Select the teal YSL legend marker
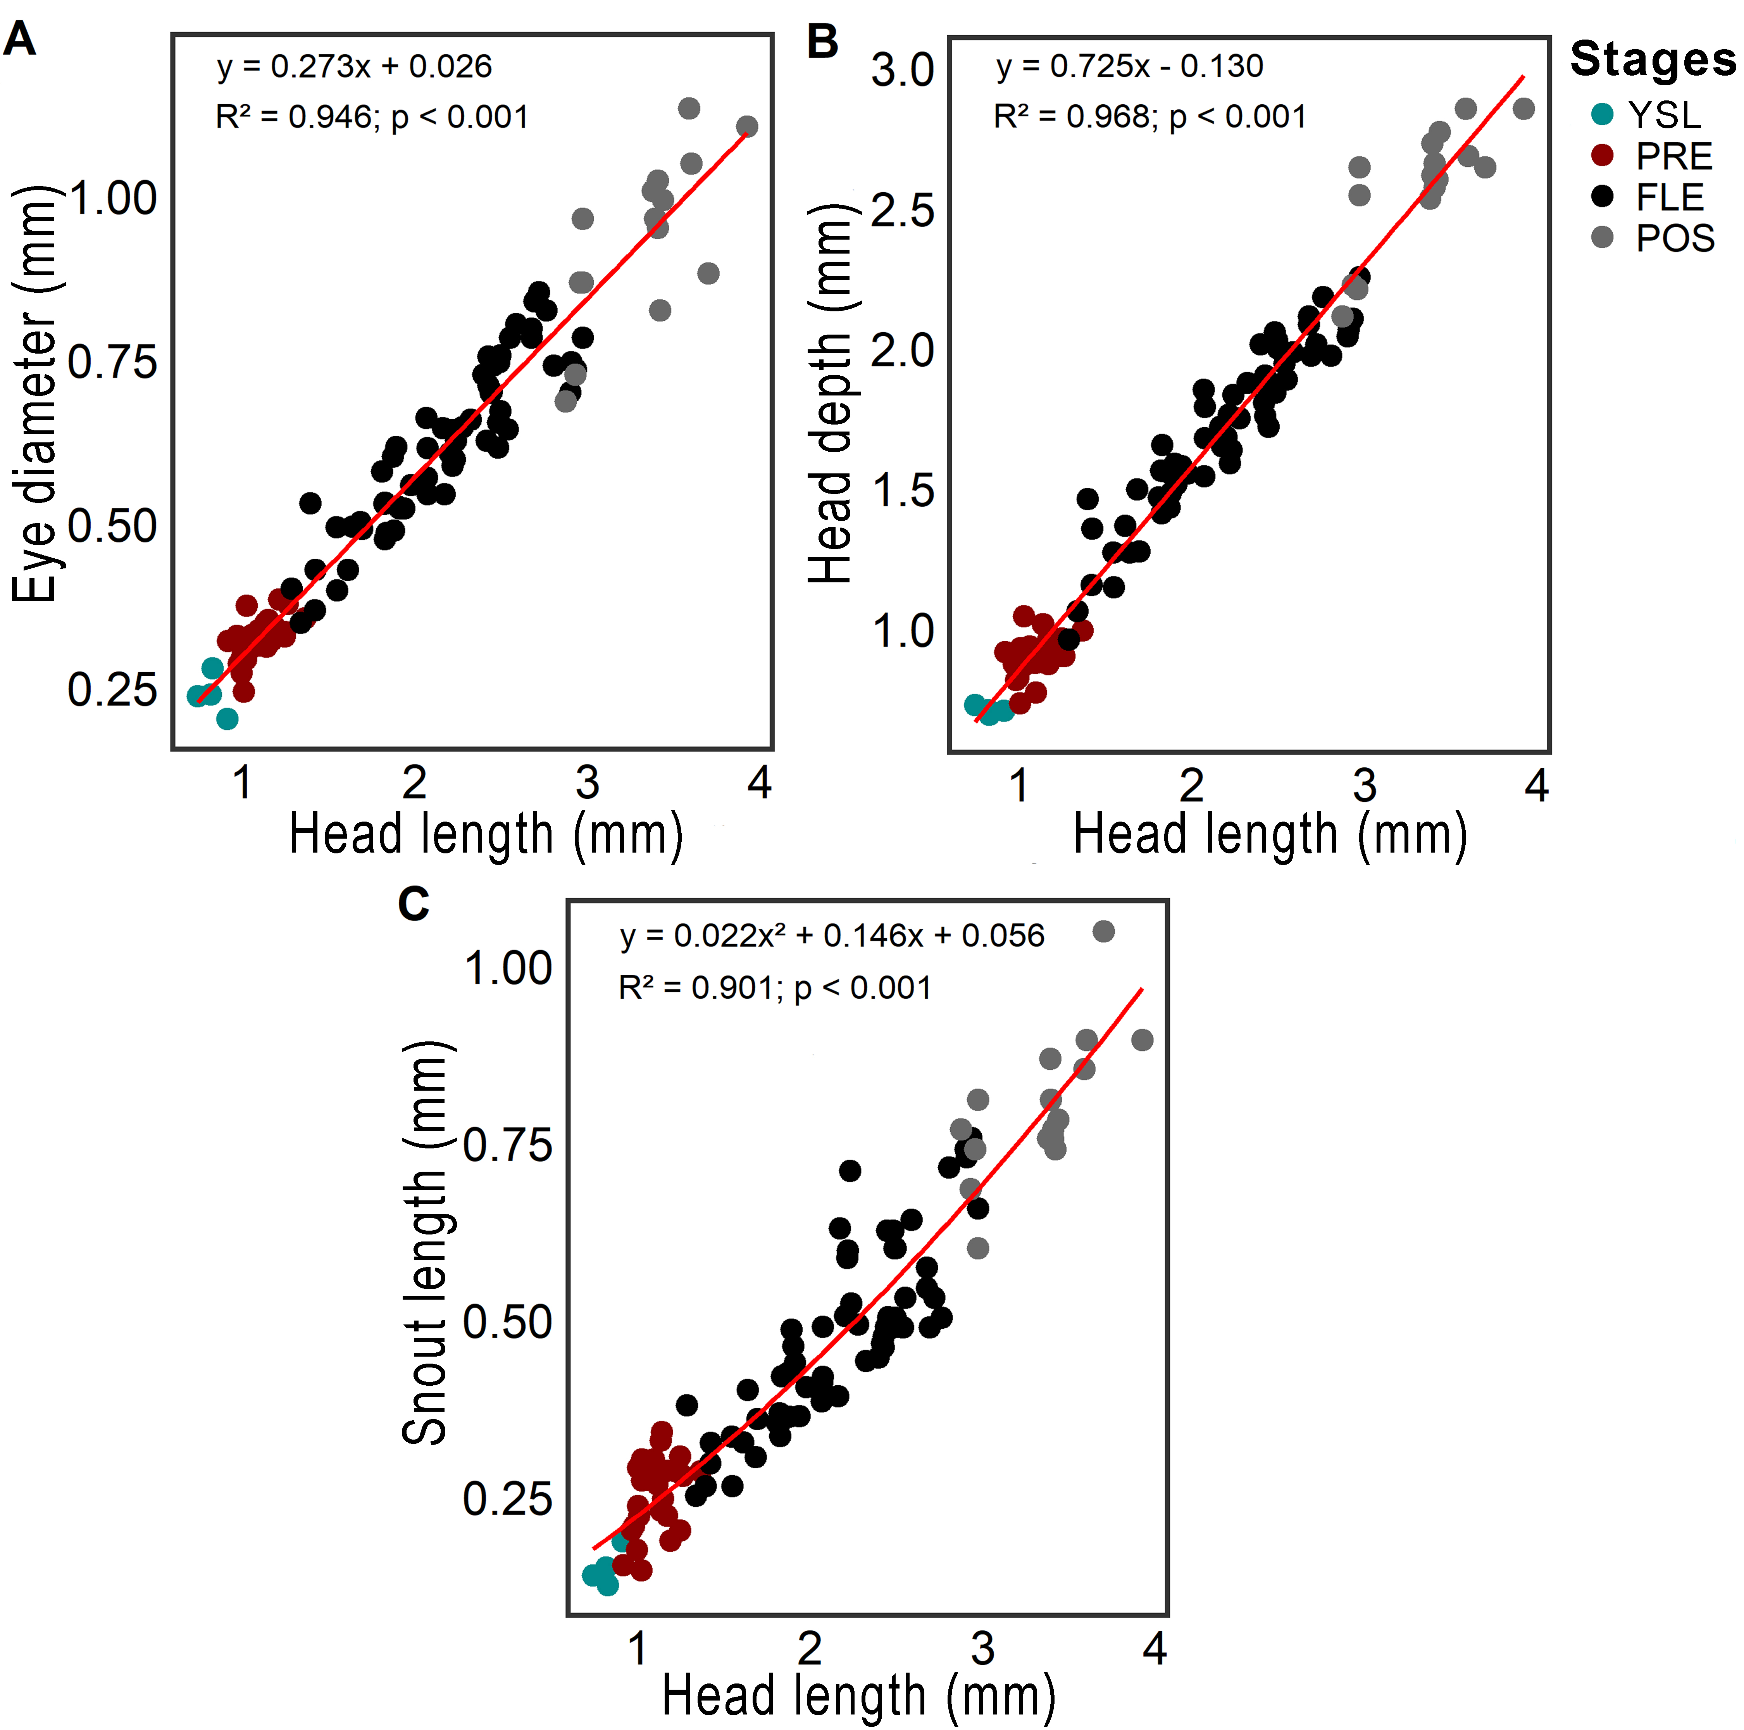(x=1602, y=114)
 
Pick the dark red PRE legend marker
(x=1602, y=155)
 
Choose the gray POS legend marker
(x=1602, y=237)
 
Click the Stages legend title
(x=1652, y=60)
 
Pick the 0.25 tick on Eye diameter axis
(x=112, y=691)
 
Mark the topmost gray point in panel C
(x=1103, y=931)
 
